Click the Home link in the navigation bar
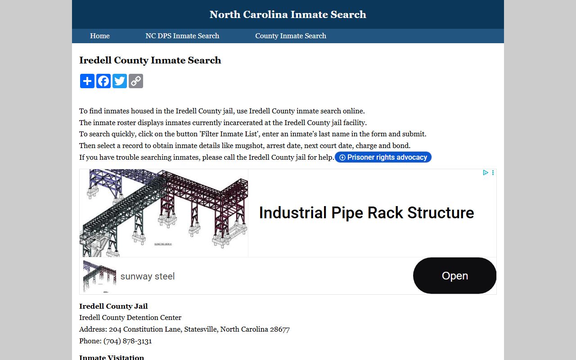click(99, 36)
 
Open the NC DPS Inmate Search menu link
click(182, 36)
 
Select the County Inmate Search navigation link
click(290, 36)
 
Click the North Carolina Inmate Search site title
click(288, 14)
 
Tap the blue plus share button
click(87, 81)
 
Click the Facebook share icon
click(103, 81)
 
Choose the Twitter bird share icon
click(120, 81)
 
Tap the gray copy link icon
click(136, 81)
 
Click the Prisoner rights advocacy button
click(383, 157)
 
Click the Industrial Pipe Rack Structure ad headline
click(366, 213)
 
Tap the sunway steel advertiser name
click(147, 276)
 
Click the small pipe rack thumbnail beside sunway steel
click(99, 276)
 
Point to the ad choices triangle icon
click(486, 172)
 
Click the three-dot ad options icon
click(493, 172)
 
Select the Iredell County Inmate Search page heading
click(150, 60)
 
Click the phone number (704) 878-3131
click(128, 341)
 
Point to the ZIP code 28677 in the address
click(280, 329)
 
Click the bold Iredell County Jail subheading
click(113, 306)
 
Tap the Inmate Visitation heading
click(112, 357)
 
